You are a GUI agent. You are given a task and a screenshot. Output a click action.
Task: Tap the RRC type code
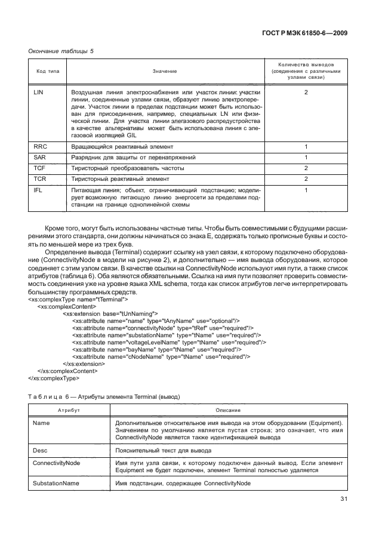click(41, 146)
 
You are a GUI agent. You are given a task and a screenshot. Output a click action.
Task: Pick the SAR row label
click(40, 158)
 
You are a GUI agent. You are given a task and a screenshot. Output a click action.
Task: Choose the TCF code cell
click(40, 168)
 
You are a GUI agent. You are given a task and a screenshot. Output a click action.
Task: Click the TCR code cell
click(40, 179)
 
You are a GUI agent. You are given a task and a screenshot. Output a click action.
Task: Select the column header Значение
click(165, 71)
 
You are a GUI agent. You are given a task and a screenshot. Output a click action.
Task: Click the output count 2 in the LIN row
click(306, 93)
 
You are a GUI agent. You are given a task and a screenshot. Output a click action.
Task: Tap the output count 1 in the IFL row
click(306, 190)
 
